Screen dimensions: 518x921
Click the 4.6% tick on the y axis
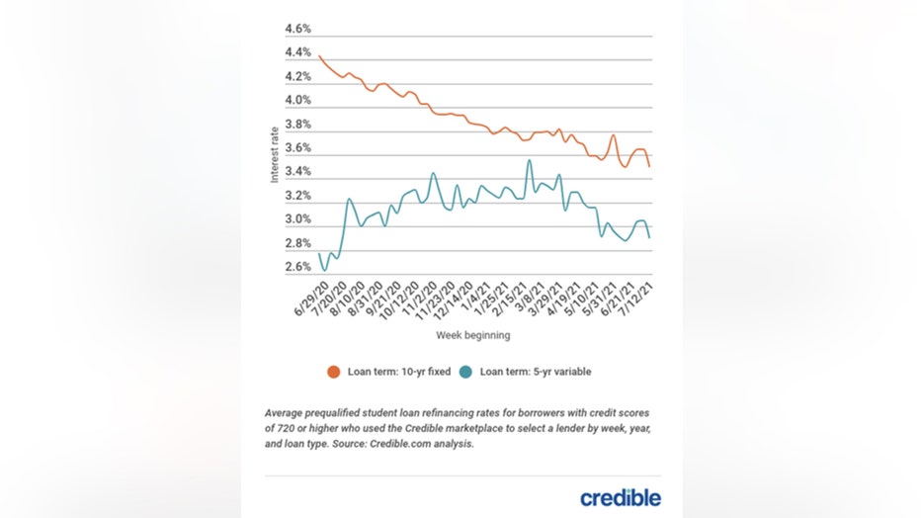298,29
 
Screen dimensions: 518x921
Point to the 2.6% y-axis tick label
298,268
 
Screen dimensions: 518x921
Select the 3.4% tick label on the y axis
298,172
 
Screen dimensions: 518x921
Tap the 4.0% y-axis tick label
298,101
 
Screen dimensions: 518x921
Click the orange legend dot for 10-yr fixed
334,373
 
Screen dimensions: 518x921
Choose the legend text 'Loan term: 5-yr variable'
536,373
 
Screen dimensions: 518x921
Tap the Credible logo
620,497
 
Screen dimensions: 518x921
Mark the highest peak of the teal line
530,160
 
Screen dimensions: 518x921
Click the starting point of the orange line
320,56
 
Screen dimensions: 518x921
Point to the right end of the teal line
649,238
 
